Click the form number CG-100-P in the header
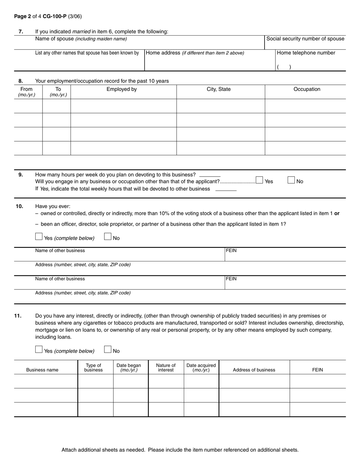click(x=55, y=16)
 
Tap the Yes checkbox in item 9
click(x=260, y=180)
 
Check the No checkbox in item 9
click(x=291, y=180)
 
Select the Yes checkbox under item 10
click(x=39, y=237)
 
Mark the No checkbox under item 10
click(x=108, y=237)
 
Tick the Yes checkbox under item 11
click(x=39, y=350)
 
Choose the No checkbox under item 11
click(x=108, y=350)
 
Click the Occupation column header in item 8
click(x=307, y=89)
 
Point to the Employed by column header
click(x=122, y=89)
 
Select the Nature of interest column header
click(x=166, y=367)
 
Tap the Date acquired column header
click(x=201, y=367)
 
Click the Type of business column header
click(x=93, y=367)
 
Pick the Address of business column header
click(x=254, y=370)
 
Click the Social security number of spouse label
click(x=305, y=39)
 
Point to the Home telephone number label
click(x=306, y=53)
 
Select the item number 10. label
click(x=19, y=206)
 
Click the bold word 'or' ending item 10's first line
click(x=337, y=213)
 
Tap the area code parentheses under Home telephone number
click(x=284, y=67)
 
